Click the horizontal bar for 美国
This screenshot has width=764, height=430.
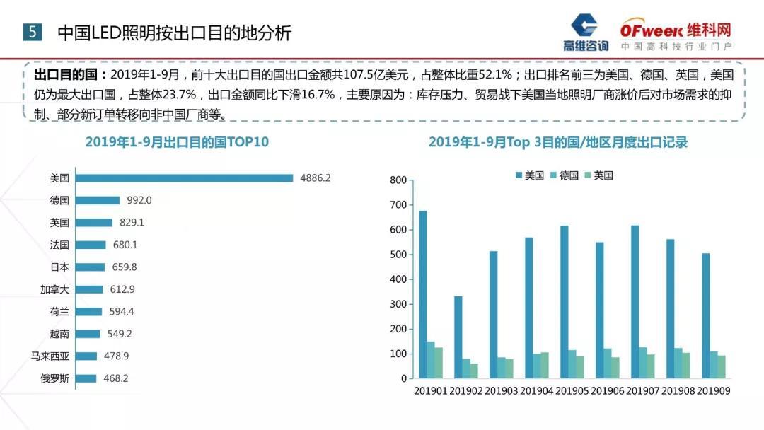[184, 178]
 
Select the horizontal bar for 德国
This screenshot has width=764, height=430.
[98, 200]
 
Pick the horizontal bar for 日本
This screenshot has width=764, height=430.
[90, 267]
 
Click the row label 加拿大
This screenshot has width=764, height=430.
[54, 289]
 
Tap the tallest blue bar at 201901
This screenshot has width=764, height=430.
[423, 294]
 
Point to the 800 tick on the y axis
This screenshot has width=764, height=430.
[399, 180]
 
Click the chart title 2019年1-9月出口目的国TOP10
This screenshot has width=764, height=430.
[177, 142]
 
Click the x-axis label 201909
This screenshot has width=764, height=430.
[714, 391]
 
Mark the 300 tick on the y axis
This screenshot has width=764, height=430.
[399, 304]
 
